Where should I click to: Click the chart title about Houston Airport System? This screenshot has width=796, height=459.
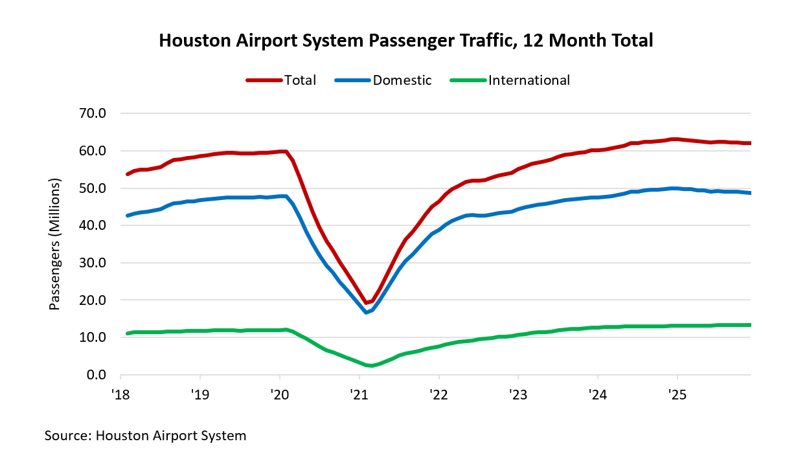[x=405, y=41]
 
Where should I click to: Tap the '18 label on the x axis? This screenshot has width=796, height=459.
[x=120, y=393]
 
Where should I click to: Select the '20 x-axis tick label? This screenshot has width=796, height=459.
[x=280, y=393]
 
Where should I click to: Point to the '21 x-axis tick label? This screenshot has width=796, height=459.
[x=359, y=393]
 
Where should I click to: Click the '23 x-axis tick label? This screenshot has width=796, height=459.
[x=518, y=393]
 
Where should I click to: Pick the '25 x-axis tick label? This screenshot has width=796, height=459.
[x=677, y=393]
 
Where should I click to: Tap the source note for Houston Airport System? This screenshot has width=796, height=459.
[x=146, y=436]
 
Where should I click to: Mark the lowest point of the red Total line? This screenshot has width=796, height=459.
[x=367, y=303]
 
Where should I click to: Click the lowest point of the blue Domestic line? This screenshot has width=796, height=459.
[x=367, y=313]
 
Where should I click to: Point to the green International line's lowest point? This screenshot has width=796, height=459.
[x=371, y=366]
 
